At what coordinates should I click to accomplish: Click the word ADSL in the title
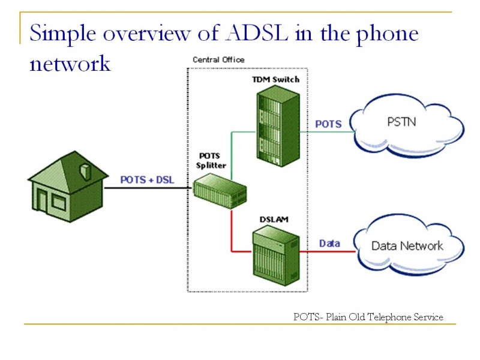pyautogui.click(x=257, y=32)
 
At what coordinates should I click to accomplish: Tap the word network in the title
pyautogui.click(x=70, y=64)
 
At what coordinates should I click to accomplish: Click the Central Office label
pyautogui.click(x=218, y=59)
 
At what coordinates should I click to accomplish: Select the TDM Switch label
pyautogui.click(x=275, y=80)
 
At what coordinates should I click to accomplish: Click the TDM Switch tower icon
pyautogui.click(x=278, y=126)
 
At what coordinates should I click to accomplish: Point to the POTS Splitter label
pyautogui.click(x=211, y=161)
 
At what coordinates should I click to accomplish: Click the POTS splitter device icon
pyautogui.click(x=220, y=191)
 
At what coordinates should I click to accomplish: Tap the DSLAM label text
pyautogui.click(x=274, y=220)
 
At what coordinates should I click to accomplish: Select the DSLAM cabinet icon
pyautogui.click(x=276, y=256)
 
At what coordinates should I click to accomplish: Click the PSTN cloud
pyautogui.click(x=407, y=125)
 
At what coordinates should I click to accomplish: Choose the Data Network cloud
pyautogui.click(x=409, y=245)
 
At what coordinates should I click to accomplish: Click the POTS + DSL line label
pyautogui.click(x=147, y=179)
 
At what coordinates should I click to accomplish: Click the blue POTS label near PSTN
pyautogui.click(x=328, y=124)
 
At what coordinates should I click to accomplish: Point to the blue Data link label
pyautogui.click(x=329, y=244)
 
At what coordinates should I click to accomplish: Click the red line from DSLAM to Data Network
pyautogui.click(x=327, y=251)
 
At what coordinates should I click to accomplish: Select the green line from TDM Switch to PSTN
pyautogui.click(x=328, y=132)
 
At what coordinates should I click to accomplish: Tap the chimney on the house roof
pyautogui.click(x=85, y=172)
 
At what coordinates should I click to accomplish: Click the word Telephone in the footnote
pyautogui.click(x=389, y=317)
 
